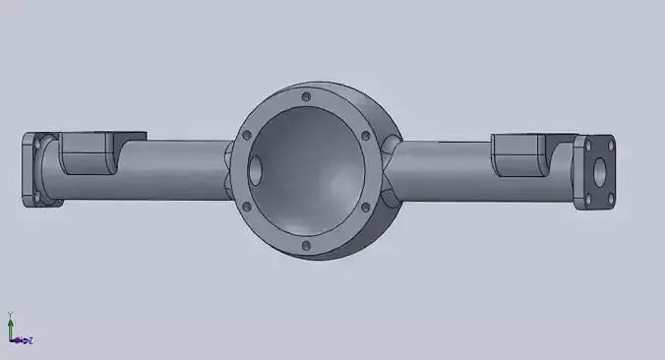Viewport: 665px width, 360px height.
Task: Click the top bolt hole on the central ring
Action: tap(307, 97)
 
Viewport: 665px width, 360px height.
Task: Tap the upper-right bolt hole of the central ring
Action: tap(365, 135)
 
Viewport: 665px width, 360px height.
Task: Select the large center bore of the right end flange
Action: tap(597, 172)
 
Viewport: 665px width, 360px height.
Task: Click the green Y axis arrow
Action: tap(10, 324)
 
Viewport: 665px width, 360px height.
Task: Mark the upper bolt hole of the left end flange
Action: tap(37, 142)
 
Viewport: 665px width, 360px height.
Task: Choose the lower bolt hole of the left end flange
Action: tap(37, 202)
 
